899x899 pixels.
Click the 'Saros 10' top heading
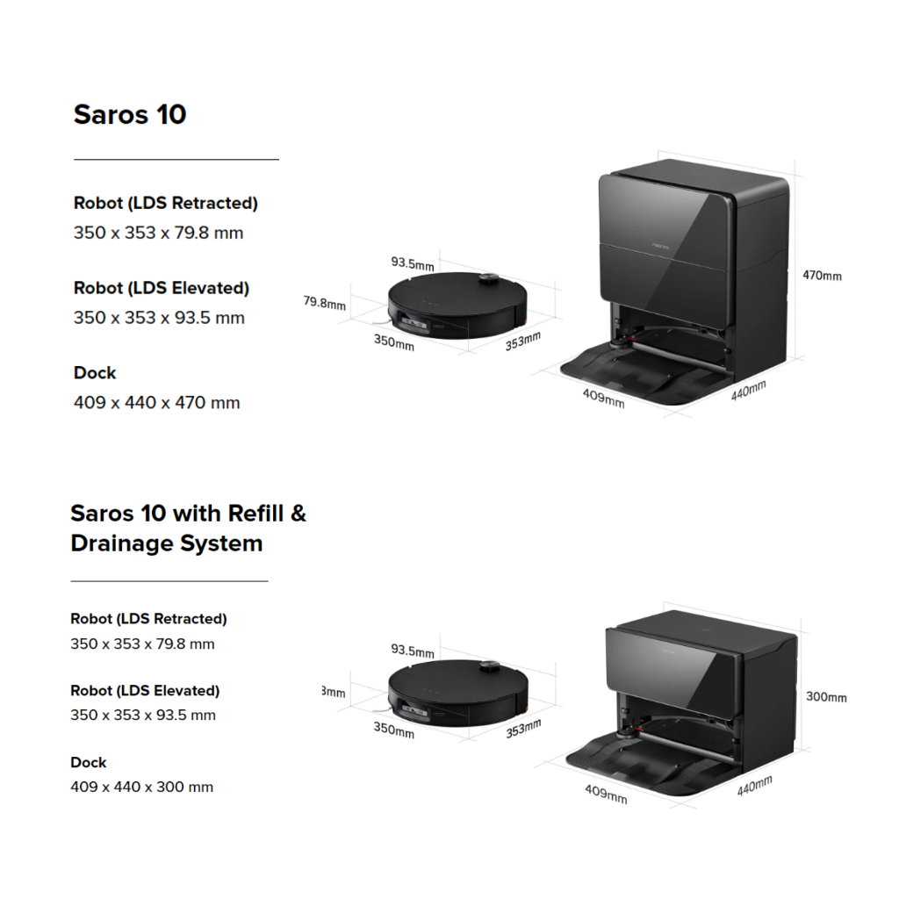pyautogui.click(x=130, y=115)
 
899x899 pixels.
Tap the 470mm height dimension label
pyautogui.click(x=822, y=276)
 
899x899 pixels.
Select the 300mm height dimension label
pyautogui.click(x=826, y=697)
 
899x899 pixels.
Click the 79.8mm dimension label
pyautogui.click(x=325, y=303)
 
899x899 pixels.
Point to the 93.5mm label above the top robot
pyautogui.click(x=413, y=263)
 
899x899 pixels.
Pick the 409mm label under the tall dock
pyautogui.click(x=604, y=398)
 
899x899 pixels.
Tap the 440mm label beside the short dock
pyautogui.click(x=754, y=786)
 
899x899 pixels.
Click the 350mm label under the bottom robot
pyautogui.click(x=393, y=729)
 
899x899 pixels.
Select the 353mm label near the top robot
pyautogui.click(x=523, y=340)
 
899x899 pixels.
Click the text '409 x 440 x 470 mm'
pyautogui.click(x=157, y=403)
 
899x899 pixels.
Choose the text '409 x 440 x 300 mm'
pyautogui.click(x=142, y=787)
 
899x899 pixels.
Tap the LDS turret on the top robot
pyautogui.click(x=490, y=280)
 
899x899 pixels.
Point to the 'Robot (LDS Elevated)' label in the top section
pyautogui.click(x=162, y=288)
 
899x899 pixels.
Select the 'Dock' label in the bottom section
pyautogui.click(x=89, y=762)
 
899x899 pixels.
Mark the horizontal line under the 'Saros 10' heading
pyautogui.click(x=176, y=160)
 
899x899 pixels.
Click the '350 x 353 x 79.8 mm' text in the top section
pyautogui.click(x=159, y=234)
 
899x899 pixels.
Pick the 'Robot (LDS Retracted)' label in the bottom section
pyautogui.click(x=148, y=619)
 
